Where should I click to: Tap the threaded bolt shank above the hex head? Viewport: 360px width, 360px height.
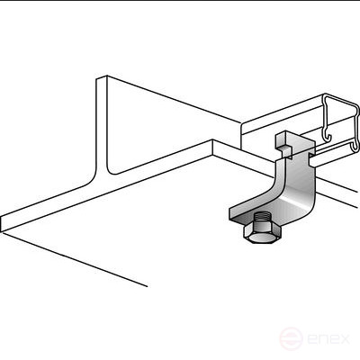point(262,218)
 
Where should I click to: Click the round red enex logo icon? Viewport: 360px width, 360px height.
point(291,338)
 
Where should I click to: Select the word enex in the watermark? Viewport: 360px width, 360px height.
point(328,339)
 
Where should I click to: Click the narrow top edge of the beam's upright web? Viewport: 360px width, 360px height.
point(102,77)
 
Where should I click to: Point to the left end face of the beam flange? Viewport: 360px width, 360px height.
point(2,224)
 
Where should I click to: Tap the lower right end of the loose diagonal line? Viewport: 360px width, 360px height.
point(148,286)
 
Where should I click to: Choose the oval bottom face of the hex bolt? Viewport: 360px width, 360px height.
point(262,239)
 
